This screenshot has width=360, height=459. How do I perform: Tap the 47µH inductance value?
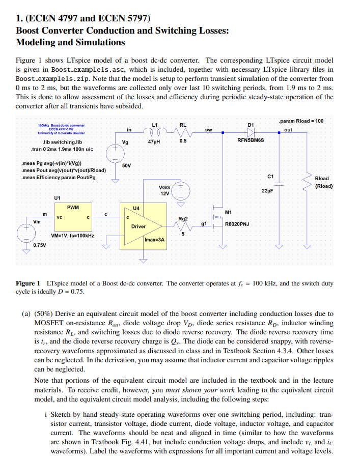point(154,141)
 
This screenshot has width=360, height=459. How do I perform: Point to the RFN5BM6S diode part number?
point(251,139)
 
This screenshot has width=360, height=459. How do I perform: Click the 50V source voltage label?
point(127,165)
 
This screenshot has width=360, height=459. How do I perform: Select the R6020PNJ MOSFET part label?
point(237,223)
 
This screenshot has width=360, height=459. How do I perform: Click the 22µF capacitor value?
point(268,190)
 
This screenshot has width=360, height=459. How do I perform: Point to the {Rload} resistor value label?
point(324,186)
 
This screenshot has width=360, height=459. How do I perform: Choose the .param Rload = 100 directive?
point(301,121)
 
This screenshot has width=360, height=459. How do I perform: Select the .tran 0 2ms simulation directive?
point(57,149)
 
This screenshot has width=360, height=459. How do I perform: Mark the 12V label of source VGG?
point(164,194)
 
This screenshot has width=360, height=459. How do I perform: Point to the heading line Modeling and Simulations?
point(70,42)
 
